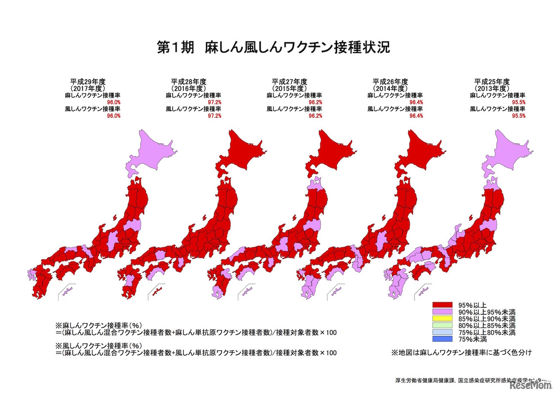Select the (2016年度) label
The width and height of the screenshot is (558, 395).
(188, 88)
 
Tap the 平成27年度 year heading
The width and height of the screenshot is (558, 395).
(289, 81)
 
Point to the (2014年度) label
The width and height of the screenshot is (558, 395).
(390, 88)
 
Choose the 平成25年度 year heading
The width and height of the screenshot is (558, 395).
(492, 81)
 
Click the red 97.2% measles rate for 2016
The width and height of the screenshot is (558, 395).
(214, 102)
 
